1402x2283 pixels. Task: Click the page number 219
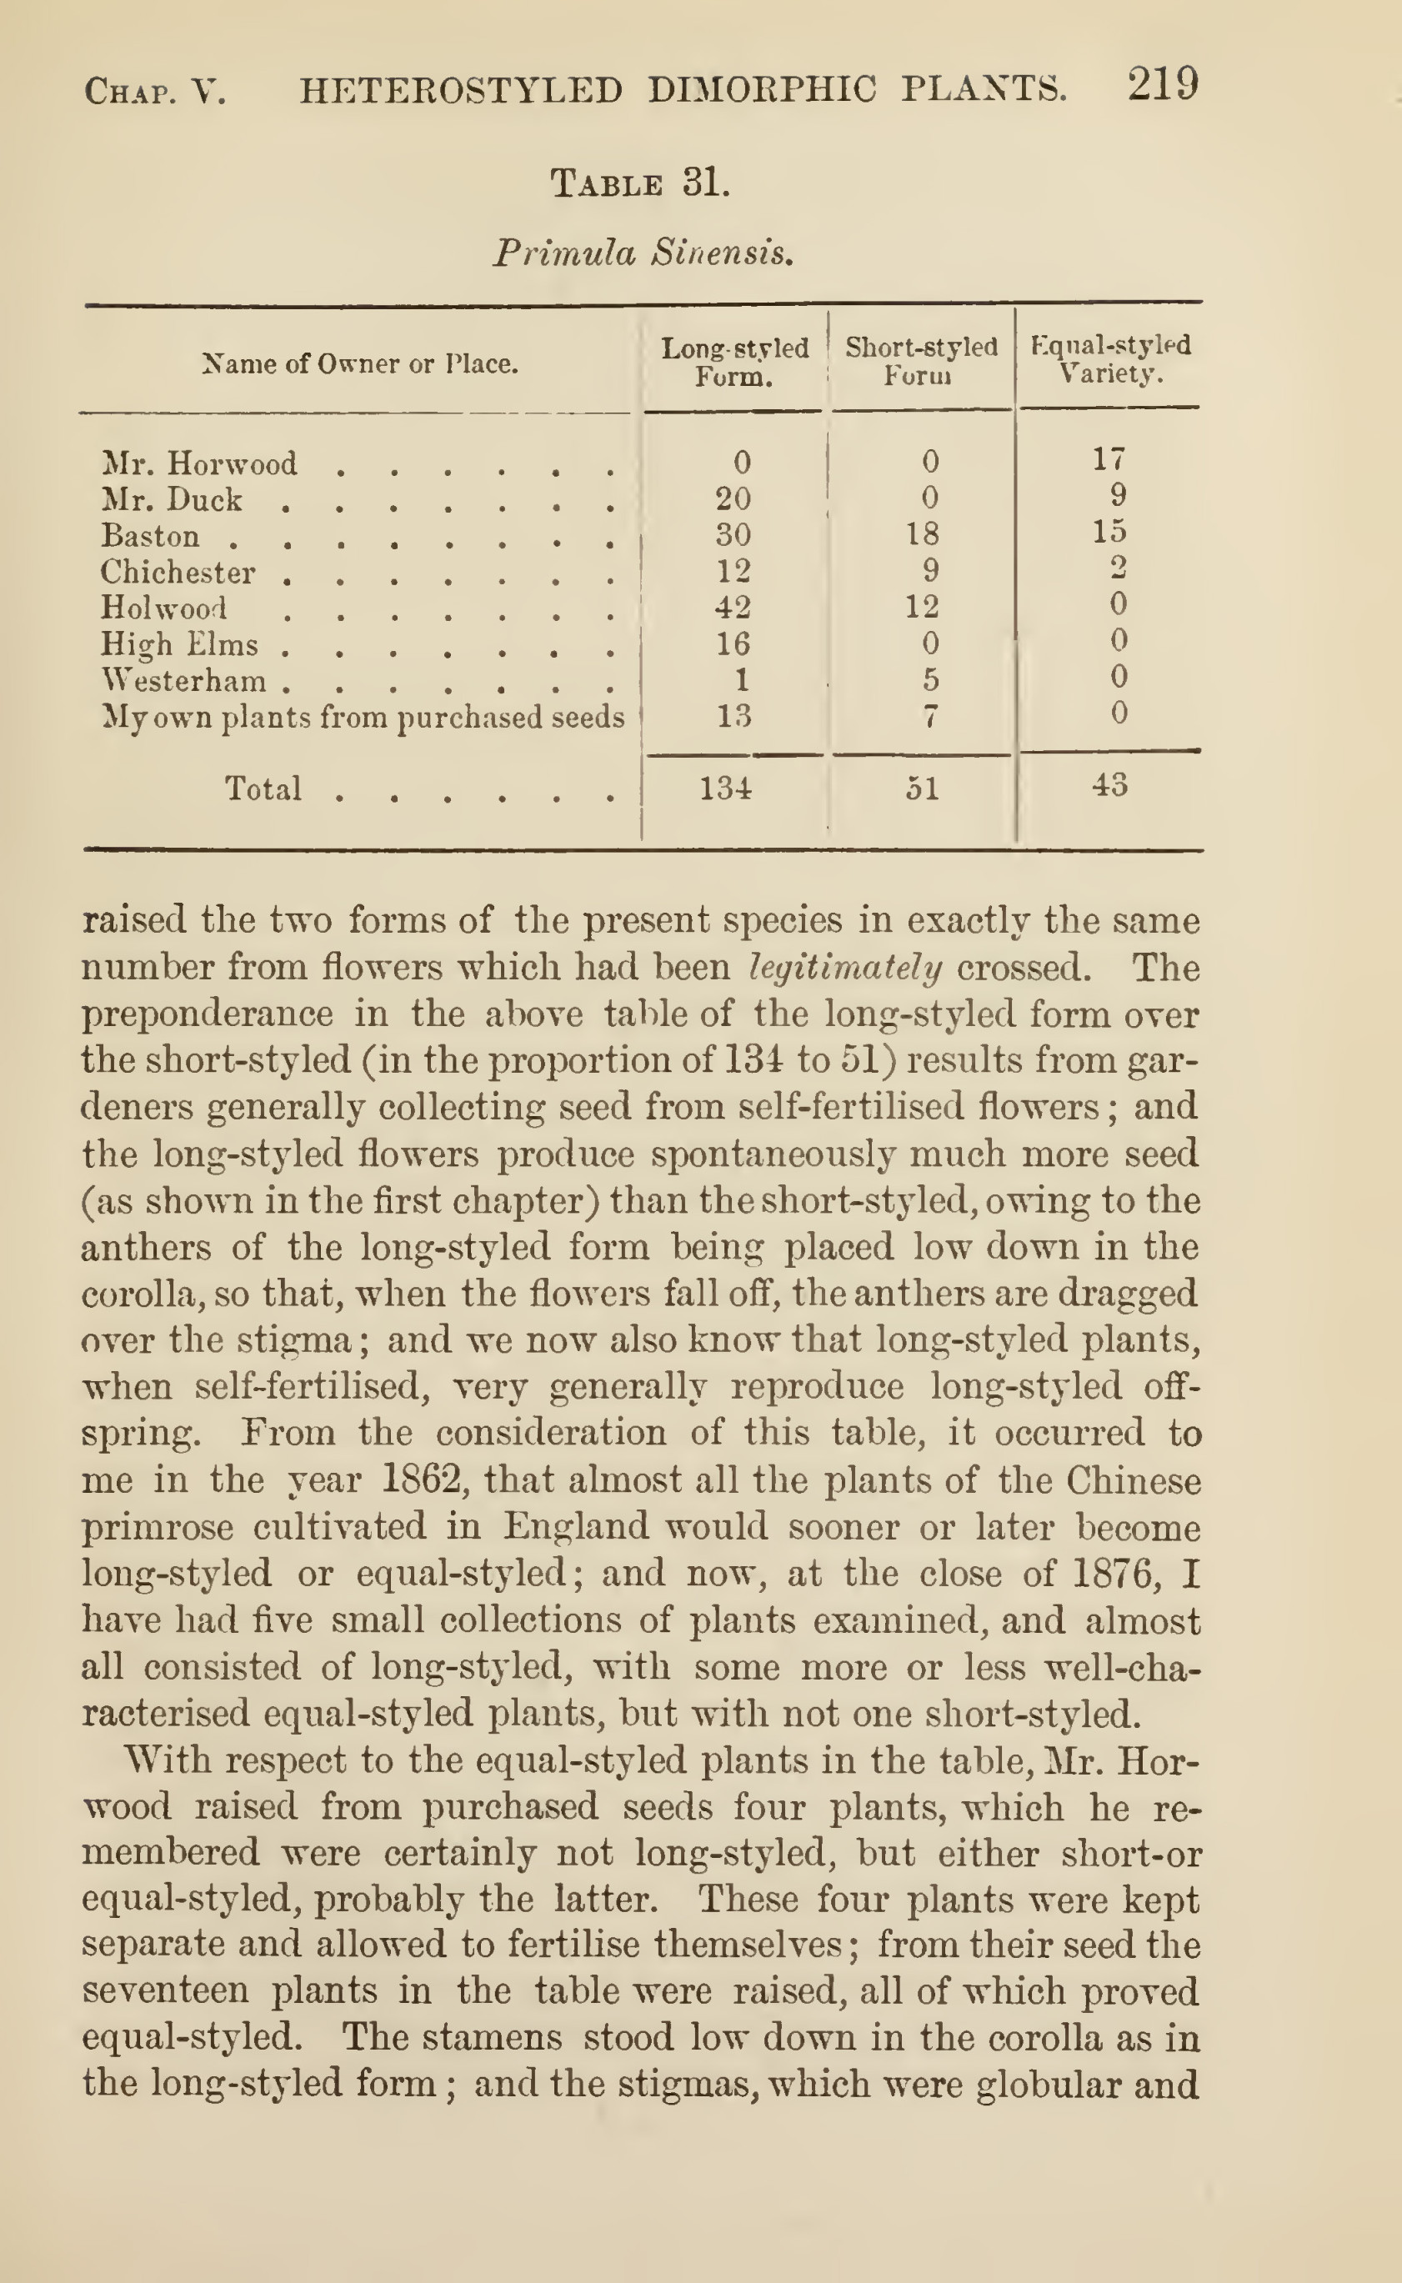[x=1163, y=85]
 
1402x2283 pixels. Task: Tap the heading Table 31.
[x=640, y=183]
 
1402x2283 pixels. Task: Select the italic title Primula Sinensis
[x=643, y=253]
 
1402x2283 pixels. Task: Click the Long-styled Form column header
[x=734, y=363]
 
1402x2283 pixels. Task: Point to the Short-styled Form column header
[x=921, y=361]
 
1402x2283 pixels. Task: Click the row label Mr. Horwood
[x=199, y=463]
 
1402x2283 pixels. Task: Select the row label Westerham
[x=183, y=681]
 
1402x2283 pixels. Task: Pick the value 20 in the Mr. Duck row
[x=733, y=499]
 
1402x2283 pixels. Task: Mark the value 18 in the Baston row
[x=922, y=533]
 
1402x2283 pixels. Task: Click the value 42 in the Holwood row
[x=733, y=608]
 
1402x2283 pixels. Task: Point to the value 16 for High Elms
[x=733, y=643]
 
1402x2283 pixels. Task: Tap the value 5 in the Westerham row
[x=930, y=679]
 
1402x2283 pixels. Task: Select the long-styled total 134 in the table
[x=725, y=789]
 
